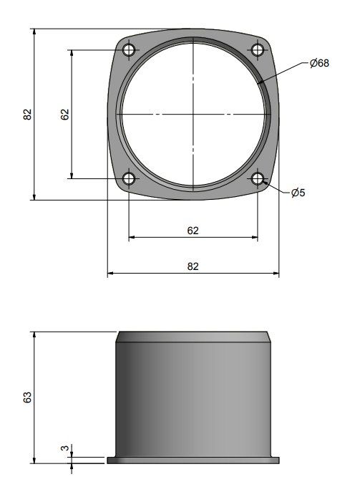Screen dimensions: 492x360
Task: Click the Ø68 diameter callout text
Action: pos(319,64)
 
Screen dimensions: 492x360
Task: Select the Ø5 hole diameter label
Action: pos(298,192)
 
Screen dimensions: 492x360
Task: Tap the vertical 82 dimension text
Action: pos(27,114)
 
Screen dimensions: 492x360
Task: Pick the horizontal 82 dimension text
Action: pos(193,266)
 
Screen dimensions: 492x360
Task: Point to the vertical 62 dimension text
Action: pos(64,114)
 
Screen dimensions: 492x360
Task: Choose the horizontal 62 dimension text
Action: pos(193,230)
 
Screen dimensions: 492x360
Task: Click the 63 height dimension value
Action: pos(27,397)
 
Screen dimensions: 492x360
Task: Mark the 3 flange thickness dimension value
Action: pos(64,449)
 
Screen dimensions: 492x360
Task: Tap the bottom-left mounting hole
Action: pos(129,178)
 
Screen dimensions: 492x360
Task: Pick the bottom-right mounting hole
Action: pos(258,178)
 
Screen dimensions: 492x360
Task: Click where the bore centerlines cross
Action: pos(193,114)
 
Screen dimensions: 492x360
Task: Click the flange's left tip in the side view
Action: pos(107,458)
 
